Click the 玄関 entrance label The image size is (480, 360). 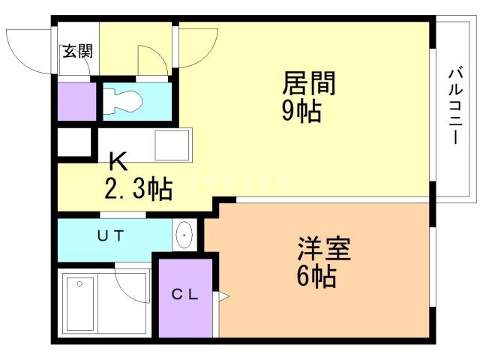(77, 52)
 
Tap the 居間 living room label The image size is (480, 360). (307, 82)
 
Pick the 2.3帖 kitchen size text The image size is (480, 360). (139, 187)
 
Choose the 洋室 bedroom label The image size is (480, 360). (324, 248)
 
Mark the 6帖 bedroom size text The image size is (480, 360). (315, 277)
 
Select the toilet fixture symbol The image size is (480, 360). (124, 100)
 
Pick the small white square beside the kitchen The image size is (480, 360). (73, 142)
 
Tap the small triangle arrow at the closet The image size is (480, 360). (223, 297)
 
